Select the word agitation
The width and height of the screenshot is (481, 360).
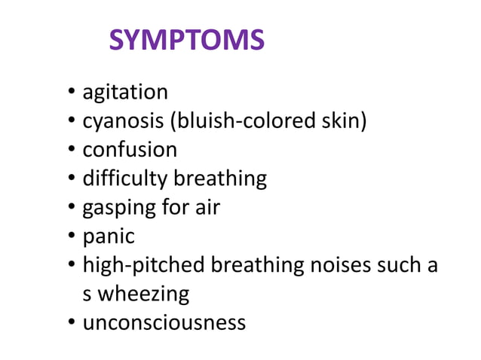coord(125,93)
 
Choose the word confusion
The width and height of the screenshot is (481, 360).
coord(130,150)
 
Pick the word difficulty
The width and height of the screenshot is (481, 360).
coord(125,178)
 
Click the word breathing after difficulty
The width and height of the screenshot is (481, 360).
coord(220,178)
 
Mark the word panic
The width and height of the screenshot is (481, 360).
coord(109,236)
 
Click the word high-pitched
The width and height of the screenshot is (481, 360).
coord(143,265)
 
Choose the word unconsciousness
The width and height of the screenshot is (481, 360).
coord(164,322)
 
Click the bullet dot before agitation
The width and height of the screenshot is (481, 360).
coord(71,93)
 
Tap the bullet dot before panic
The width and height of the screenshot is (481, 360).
coord(71,236)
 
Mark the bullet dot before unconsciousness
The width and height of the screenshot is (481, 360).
coord(71,323)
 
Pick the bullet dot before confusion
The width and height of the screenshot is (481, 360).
coord(71,151)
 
